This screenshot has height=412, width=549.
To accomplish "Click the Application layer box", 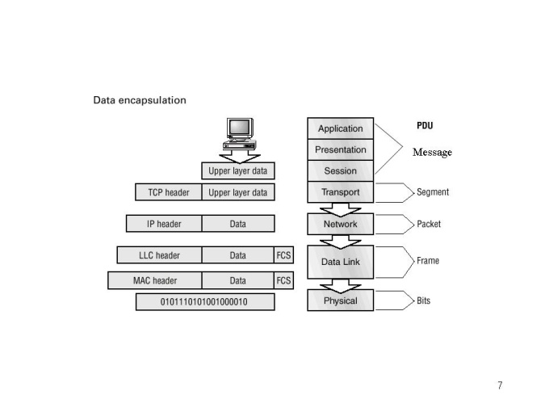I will [x=340, y=128].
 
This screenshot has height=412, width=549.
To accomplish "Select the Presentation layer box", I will [x=340, y=149].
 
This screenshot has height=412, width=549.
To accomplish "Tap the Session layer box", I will [x=340, y=170].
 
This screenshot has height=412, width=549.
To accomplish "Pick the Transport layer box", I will [x=340, y=192].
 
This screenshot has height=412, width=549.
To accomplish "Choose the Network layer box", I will [x=340, y=224].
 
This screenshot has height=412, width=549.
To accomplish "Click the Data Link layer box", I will [x=340, y=262].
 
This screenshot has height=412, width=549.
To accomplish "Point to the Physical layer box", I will [x=340, y=301].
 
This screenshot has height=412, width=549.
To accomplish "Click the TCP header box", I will [x=168, y=192].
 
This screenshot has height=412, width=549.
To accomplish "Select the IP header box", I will [x=164, y=224].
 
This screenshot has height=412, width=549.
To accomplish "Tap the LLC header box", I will [x=159, y=255].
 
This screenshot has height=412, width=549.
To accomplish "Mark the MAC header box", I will [x=155, y=280].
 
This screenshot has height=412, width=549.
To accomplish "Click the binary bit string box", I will [x=205, y=301].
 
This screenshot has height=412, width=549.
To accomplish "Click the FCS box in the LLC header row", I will [x=283, y=255].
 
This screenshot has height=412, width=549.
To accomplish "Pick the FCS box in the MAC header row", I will [x=283, y=280].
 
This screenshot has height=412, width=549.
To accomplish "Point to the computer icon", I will [x=239, y=132].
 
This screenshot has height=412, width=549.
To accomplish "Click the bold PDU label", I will [x=425, y=126].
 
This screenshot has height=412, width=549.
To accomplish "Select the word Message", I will [x=432, y=153].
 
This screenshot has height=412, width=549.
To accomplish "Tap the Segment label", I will [x=433, y=192].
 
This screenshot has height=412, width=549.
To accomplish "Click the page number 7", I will [x=500, y=385].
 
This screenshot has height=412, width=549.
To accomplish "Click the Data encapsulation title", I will [x=140, y=101].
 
